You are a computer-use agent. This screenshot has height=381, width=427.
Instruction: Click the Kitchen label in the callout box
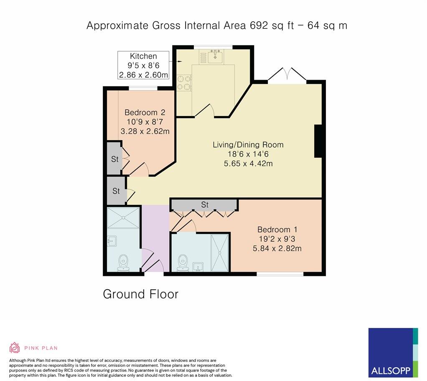click(143, 56)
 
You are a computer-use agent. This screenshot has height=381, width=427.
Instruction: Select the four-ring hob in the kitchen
click(184, 82)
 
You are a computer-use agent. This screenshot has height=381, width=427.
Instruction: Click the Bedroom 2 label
click(145, 112)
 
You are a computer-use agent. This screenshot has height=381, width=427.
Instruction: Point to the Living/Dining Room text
click(248, 145)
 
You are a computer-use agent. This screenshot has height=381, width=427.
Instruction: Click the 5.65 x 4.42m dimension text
click(248, 163)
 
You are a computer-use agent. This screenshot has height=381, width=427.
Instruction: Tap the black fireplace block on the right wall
click(318, 141)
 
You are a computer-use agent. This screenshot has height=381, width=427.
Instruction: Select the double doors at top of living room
click(287, 75)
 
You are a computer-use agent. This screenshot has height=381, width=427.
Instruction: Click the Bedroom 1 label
click(274, 230)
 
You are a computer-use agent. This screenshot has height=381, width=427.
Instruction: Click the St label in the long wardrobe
click(205, 205)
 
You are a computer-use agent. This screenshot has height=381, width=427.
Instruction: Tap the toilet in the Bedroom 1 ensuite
click(183, 262)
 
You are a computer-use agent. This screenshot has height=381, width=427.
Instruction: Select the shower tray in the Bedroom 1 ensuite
click(220, 252)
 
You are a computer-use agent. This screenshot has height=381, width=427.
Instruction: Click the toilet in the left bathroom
click(123, 262)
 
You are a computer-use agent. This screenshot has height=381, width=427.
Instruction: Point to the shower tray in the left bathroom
click(123, 217)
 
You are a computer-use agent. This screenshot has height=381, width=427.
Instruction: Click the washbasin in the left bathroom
click(112, 241)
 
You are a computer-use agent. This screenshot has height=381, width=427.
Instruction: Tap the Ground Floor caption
click(140, 294)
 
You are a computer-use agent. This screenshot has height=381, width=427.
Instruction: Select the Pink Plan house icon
click(15, 348)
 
